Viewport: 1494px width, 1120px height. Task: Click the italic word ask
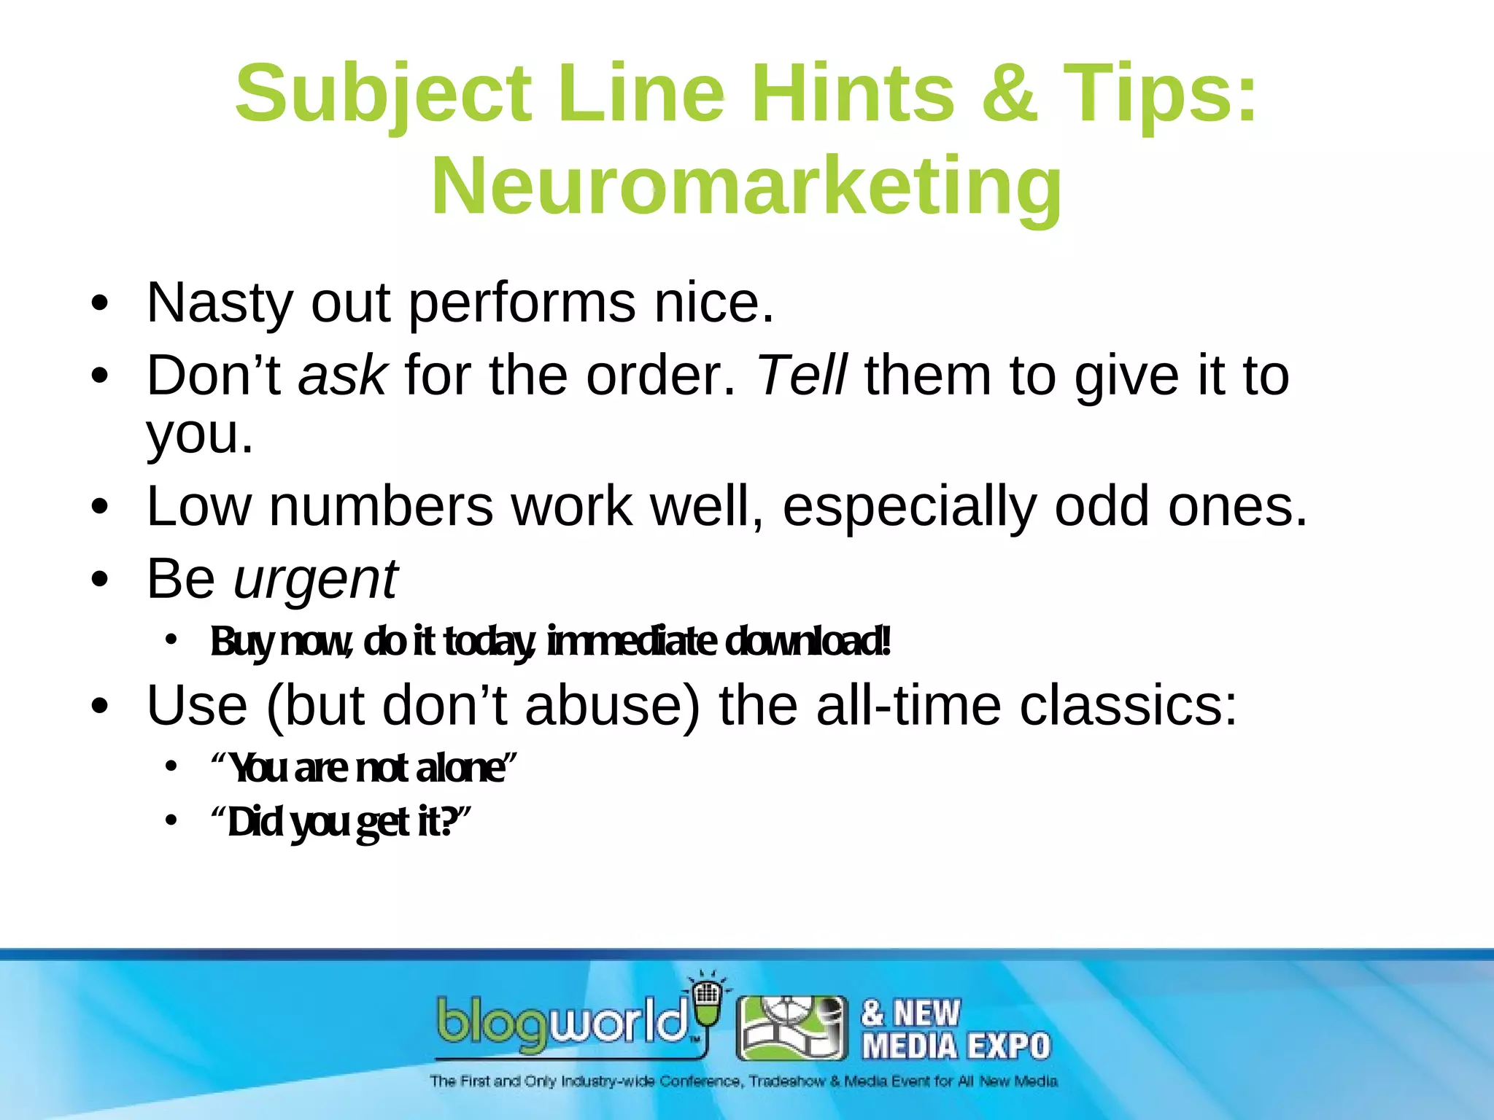342,376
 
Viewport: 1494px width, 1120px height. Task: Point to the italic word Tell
802,376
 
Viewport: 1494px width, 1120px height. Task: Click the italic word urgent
315,580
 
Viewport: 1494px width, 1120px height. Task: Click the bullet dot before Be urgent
100,580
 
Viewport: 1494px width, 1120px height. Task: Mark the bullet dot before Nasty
100,303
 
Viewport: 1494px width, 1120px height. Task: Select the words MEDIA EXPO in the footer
956,1046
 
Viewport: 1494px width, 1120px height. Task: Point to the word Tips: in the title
1159,93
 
